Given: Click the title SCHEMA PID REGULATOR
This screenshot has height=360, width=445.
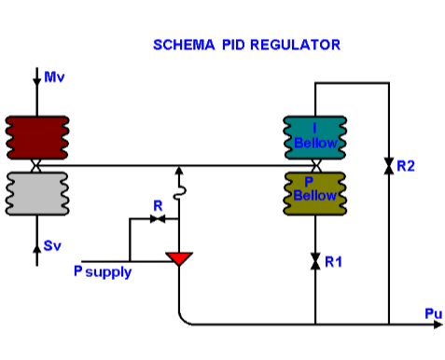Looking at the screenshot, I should coord(246,44).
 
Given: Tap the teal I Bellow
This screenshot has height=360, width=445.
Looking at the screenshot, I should coord(315,137).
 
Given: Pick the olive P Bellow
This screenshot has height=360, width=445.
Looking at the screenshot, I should coord(315,190).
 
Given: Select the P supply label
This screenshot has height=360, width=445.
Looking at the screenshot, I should coord(103,272).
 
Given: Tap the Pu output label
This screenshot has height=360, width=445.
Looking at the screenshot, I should coord(433,313).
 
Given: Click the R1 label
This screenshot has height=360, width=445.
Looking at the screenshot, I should coord(334,262).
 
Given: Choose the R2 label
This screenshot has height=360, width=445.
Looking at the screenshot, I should coord(405,166).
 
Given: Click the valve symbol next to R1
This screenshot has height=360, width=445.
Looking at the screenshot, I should coord(316,258).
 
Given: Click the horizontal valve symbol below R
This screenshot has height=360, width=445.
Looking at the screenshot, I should coord(158,218).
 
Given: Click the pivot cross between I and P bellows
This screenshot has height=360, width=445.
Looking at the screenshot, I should coord(316,165).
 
